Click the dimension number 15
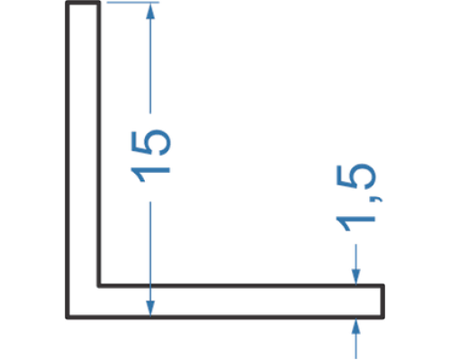pyautogui.click(x=150, y=156)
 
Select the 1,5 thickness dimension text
pyautogui.click(x=356, y=197)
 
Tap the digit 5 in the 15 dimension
pyautogui.click(x=150, y=142)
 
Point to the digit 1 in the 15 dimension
pyautogui.click(x=150, y=174)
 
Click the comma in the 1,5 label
pyautogui.click(x=377, y=199)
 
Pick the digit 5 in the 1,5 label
pyautogui.click(x=356, y=177)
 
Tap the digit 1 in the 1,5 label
pyautogui.click(x=356, y=223)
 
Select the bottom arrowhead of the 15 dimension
pyautogui.click(x=150, y=308)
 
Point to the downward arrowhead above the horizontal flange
pyautogui.click(x=355, y=276)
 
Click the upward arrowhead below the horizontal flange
pyautogui.click(x=355, y=326)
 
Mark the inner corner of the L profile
pyautogui.click(x=99, y=285)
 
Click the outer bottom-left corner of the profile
pyautogui.click(x=67, y=317)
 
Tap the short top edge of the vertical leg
pyautogui.click(x=83, y=3)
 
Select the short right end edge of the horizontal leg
pyautogui.click(x=382, y=301)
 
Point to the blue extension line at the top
pyautogui.click(x=133, y=3)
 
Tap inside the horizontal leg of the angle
pyautogui.click(x=240, y=301)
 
